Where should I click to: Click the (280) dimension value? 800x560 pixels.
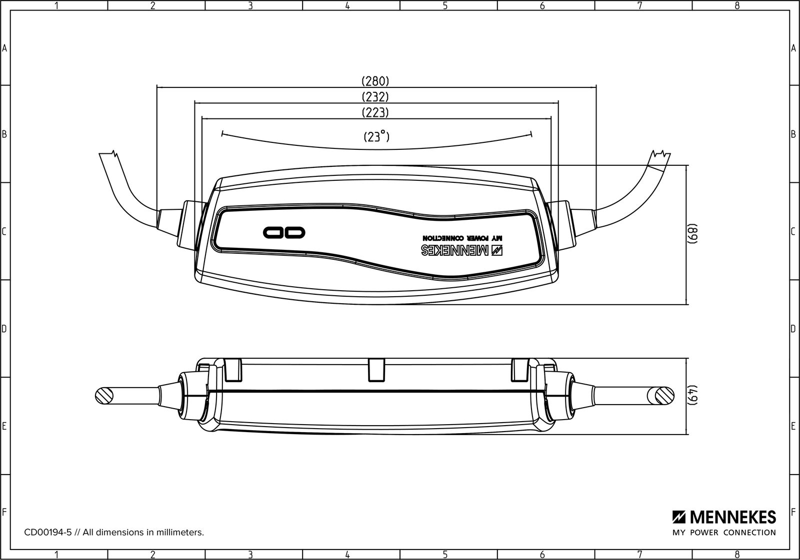[x=375, y=81]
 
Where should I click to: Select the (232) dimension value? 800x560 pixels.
[x=375, y=97]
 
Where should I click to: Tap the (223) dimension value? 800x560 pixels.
[x=375, y=112]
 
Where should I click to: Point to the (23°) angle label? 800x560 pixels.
[x=376, y=136]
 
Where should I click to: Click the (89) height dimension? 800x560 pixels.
[x=692, y=234]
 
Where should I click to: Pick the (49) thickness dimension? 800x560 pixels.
[x=692, y=396]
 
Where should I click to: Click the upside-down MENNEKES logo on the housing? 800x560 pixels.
[x=462, y=250]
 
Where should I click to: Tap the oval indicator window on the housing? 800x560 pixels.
[x=284, y=232]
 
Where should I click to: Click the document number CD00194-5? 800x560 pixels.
[x=48, y=532]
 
